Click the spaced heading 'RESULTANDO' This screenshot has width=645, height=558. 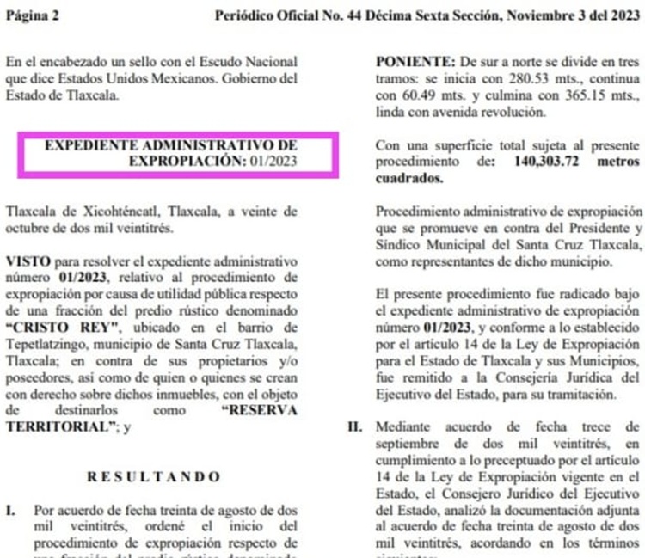[x=155, y=476]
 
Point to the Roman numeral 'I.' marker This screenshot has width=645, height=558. [x=10, y=509]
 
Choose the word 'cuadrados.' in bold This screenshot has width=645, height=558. [x=409, y=177]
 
